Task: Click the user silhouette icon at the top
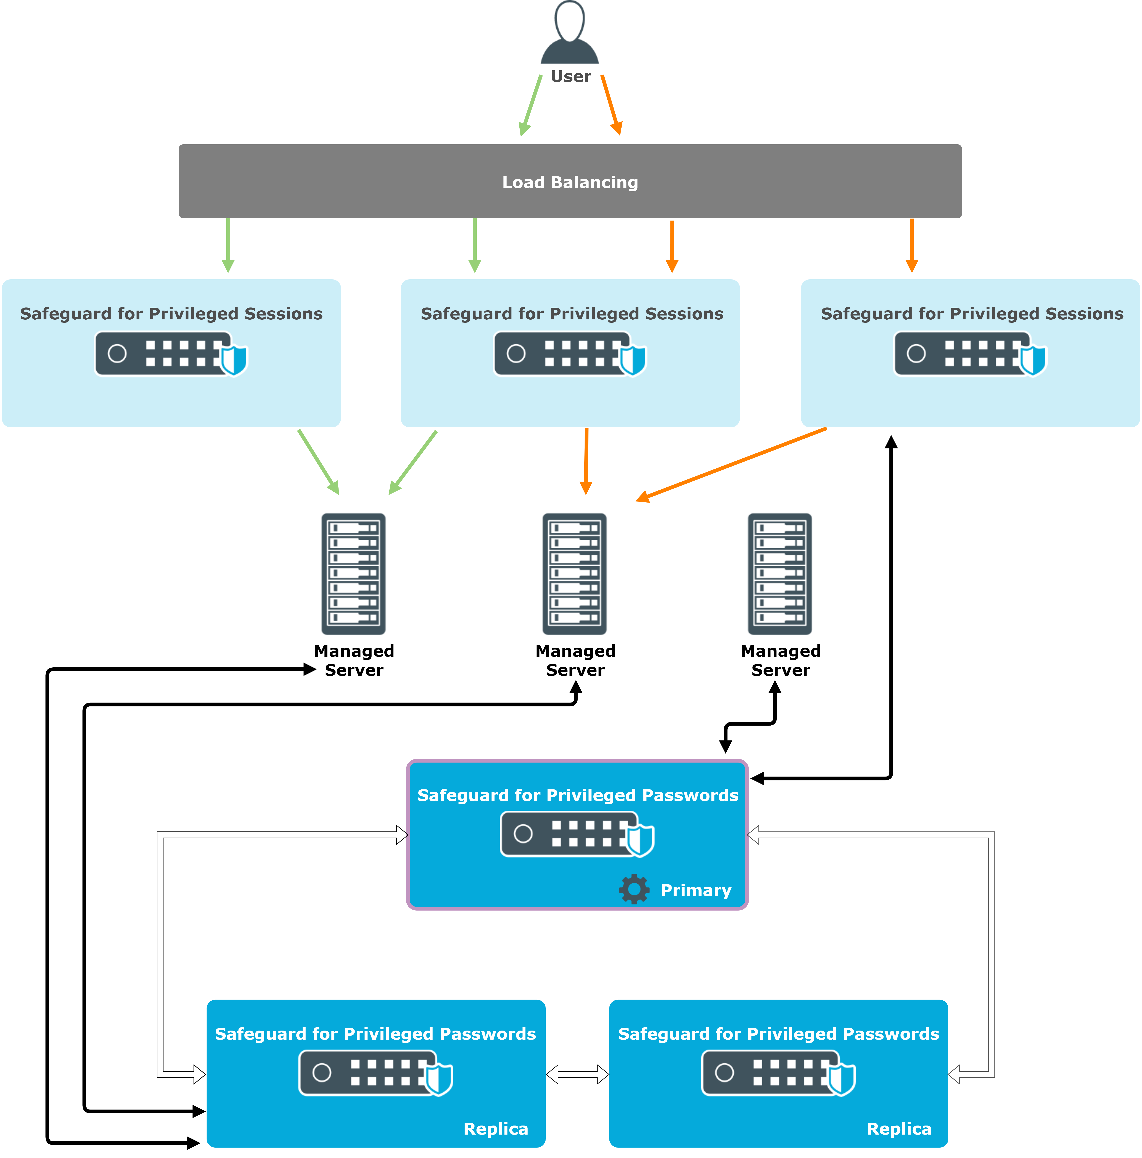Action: pos(570,33)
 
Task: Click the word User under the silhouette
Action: pos(571,77)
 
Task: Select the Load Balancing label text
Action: pos(570,182)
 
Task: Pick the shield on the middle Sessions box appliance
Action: pos(632,360)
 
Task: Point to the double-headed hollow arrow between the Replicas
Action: pos(577,1075)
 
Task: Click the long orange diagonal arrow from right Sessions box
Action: pos(731,465)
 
